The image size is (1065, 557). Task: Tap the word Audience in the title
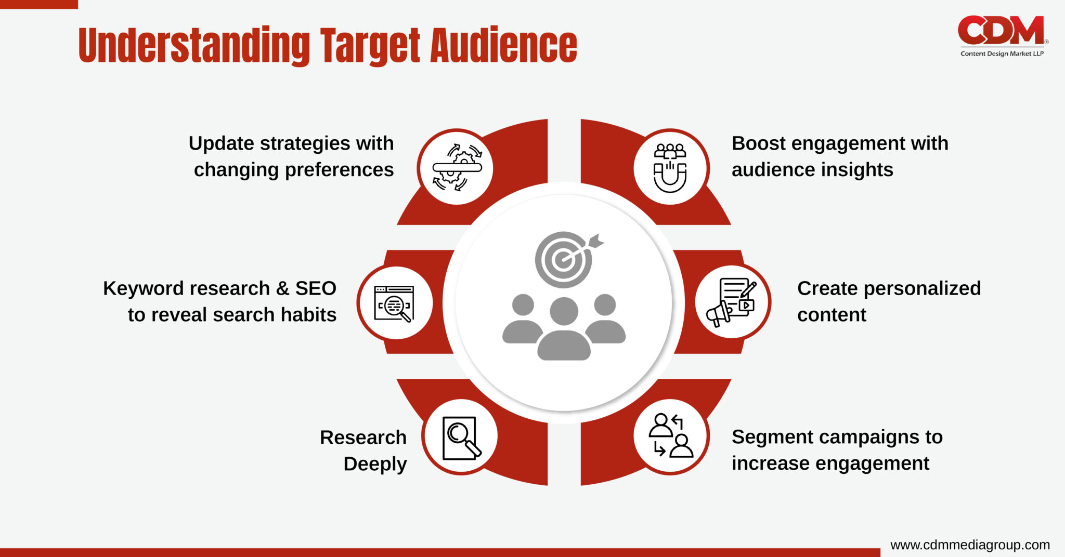coord(503,46)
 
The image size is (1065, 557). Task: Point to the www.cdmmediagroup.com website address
coord(970,545)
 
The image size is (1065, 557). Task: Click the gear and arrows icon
coord(457,167)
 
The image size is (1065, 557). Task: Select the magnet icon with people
coord(670,167)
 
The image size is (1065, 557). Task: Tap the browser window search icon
coord(394,303)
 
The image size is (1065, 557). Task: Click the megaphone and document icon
coord(732,302)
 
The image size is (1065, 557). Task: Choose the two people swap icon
coord(670,436)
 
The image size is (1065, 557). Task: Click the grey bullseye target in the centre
coord(564,259)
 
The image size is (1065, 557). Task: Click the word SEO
coord(316,288)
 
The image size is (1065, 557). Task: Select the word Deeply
coord(375,464)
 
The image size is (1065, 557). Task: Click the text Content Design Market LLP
coord(1002,54)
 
